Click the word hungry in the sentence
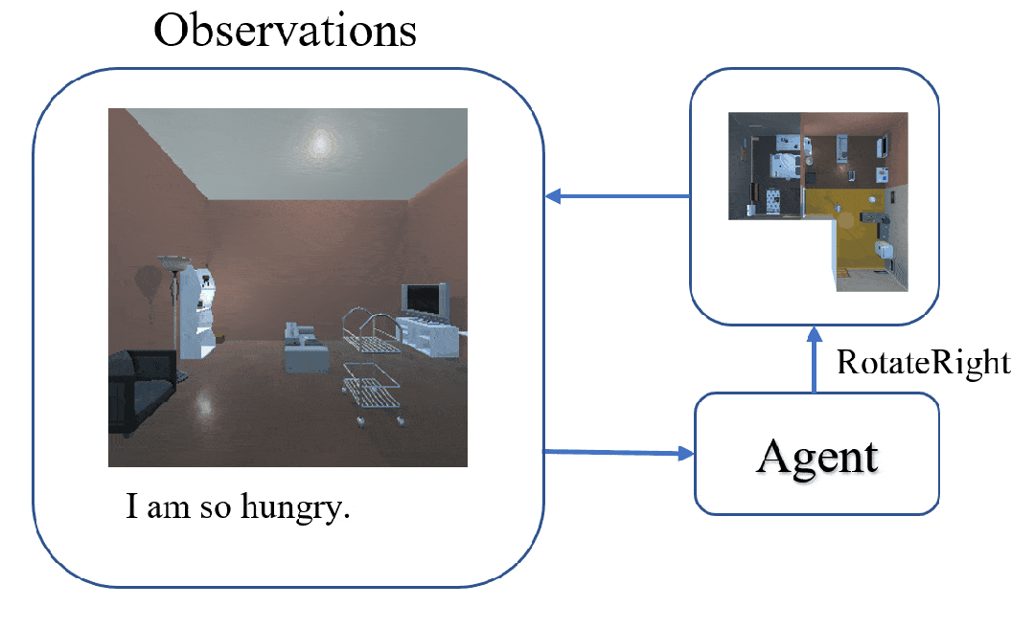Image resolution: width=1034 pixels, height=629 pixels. pyautogui.click(x=300, y=507)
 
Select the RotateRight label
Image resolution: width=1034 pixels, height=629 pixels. pyautogui.click(x=923, y=364)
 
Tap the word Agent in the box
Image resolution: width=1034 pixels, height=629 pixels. pyautogui.click(x=816, y=456)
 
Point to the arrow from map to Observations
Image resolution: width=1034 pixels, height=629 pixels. pyautogui.click(x=618, y=197)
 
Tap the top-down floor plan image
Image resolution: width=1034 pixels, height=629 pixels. pyautogui.click(x=817, y=200)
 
